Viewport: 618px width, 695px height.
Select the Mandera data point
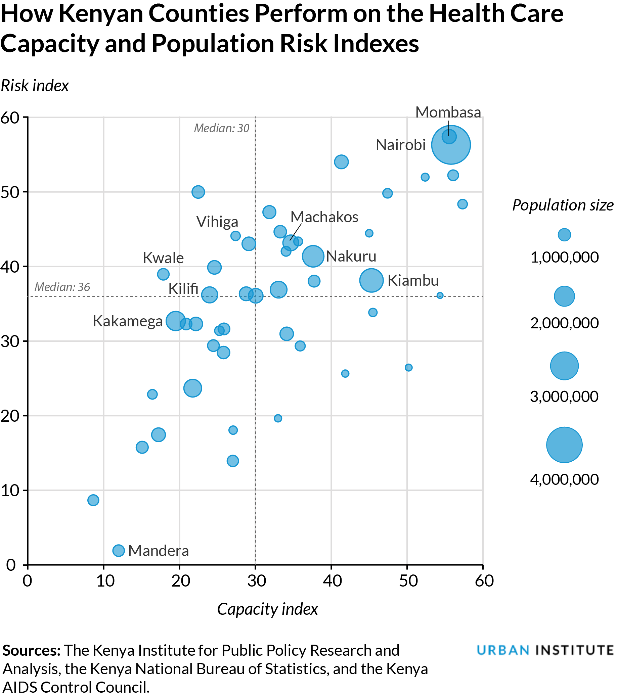(118, 550)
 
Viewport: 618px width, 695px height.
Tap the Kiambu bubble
(371, 280)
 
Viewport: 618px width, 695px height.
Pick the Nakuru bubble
(313, 256)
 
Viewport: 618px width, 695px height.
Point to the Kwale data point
(163, 274)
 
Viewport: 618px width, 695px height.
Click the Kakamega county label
(128, 321)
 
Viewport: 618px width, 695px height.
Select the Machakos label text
(324, 217)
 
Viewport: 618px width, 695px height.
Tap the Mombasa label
(448, 112)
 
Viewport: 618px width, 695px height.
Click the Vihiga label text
(217, 222)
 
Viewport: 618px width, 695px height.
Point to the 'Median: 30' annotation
(221, 128)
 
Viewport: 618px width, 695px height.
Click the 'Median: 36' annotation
(62, 287)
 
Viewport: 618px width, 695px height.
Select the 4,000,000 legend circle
(564, 445)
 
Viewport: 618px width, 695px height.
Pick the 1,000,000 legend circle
(564, 235)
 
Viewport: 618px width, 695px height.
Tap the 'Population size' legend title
(563, 205)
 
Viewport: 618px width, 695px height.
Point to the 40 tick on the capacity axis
(332, 581)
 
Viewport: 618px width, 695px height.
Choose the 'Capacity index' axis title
(267, 609)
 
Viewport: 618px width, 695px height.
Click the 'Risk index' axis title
(35, 86)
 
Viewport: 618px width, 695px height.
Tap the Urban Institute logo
(545, 650)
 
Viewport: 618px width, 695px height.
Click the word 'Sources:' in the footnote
(31, 650)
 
